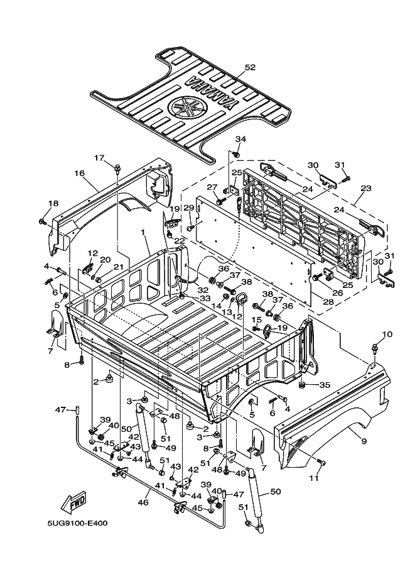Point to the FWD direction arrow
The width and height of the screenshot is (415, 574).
coord(74,502)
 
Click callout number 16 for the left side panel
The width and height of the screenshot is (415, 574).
coord(79,173)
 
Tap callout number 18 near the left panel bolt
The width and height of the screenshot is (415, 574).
coord(53,203)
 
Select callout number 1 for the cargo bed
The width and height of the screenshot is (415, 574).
coord(144,232)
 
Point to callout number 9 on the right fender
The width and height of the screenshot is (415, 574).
coord(364,441)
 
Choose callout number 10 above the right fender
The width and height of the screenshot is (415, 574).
coord(387,334)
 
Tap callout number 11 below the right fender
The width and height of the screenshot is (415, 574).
coord(314,478)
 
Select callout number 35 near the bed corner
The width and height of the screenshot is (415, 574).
coord(325,385)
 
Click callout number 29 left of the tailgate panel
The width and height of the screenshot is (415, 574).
coord(188,207)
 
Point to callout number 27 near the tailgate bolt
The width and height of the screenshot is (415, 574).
coord(212,187)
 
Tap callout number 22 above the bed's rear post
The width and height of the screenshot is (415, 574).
coord(179,241)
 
